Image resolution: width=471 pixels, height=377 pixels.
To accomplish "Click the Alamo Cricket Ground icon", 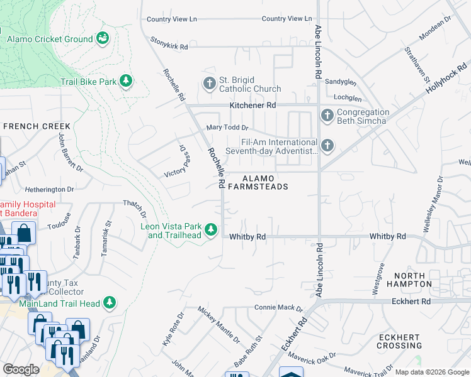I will coord(103,39).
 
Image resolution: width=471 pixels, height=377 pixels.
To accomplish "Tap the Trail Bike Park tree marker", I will coord(127,81).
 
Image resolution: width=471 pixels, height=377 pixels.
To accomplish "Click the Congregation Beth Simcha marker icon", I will coord(327,116).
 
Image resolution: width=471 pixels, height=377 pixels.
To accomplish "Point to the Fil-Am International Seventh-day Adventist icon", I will coord(327,146).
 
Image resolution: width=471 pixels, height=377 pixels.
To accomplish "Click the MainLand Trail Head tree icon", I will coord(110,303).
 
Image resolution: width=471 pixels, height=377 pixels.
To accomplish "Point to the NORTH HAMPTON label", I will coord(414,280).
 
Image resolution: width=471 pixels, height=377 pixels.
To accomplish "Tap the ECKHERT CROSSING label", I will coord(399,342).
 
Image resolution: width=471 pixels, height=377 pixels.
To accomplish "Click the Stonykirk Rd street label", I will coord(169,43).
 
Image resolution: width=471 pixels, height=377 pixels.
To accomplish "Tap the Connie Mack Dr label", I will coord(278,308).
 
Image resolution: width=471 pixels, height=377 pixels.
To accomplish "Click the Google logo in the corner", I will coord(21,369).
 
